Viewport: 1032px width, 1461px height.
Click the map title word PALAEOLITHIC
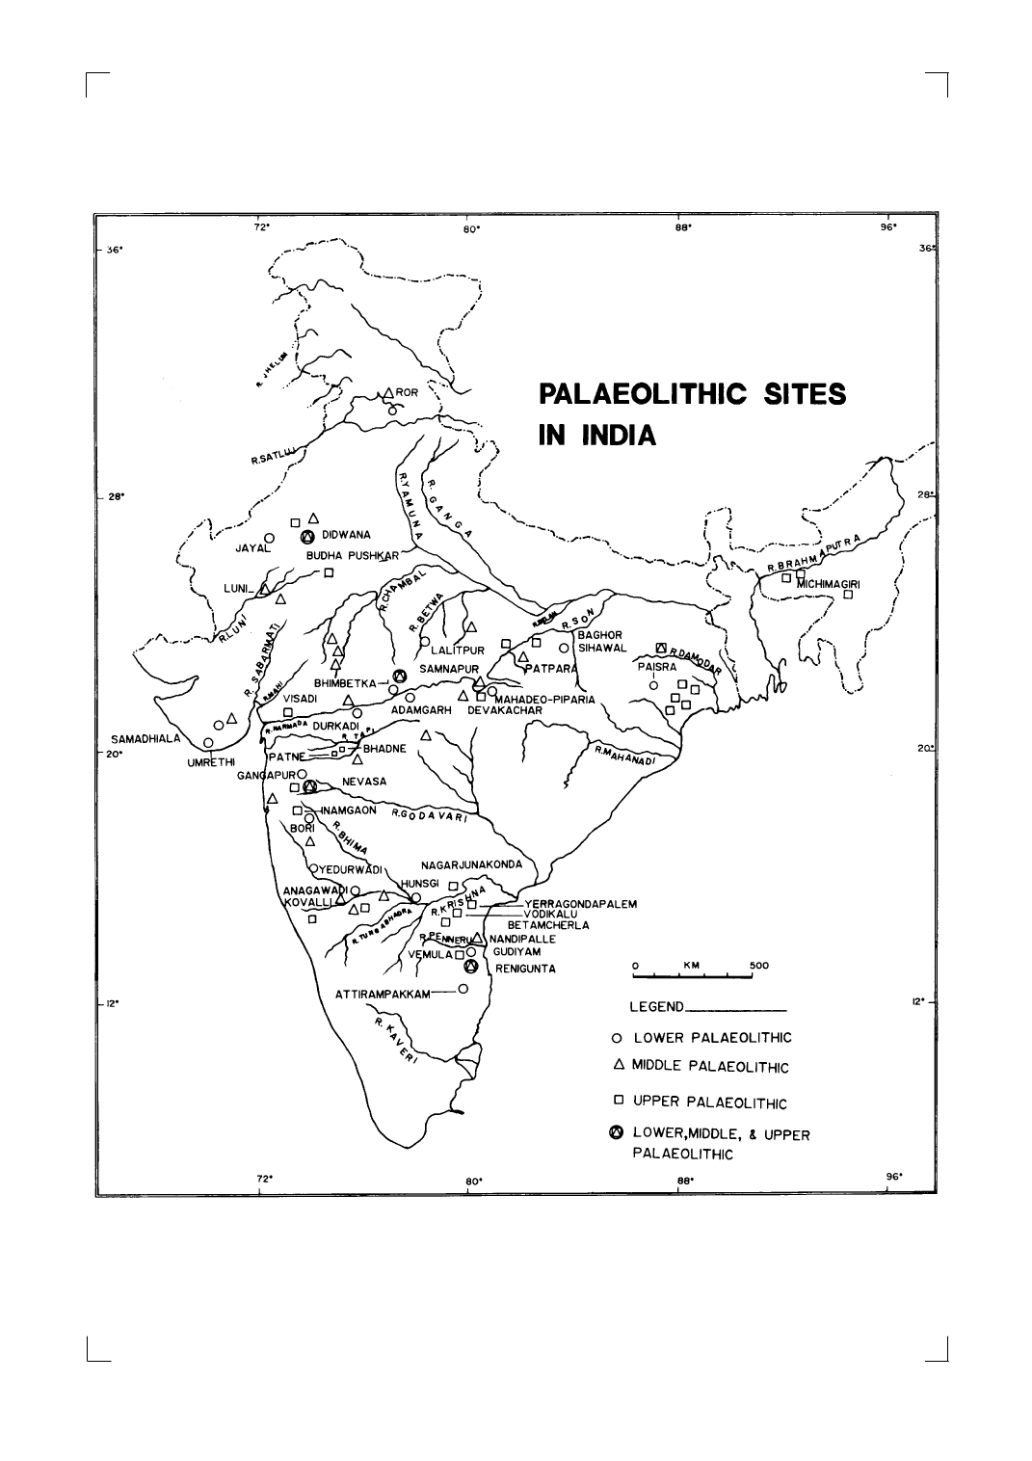(x=639, y=394)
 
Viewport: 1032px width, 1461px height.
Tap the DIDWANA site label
(x=346, y=535)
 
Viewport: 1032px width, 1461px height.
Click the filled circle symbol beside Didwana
(x=307, y=537)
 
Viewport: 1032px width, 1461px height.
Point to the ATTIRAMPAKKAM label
(x=382, y=995)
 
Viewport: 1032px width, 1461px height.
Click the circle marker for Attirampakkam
(x=463, y=989)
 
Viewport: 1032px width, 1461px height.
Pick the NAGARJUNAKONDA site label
(x=471, y=864)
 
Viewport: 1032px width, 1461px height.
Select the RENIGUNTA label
(x=525, y=969)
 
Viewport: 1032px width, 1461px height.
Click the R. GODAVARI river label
(x=429, y=815)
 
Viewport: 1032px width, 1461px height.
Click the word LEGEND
(x=656, y=1008)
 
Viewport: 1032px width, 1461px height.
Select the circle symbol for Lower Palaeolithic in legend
(x=617, y=1038)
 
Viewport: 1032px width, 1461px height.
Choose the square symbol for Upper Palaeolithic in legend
(x=618, y=1100)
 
